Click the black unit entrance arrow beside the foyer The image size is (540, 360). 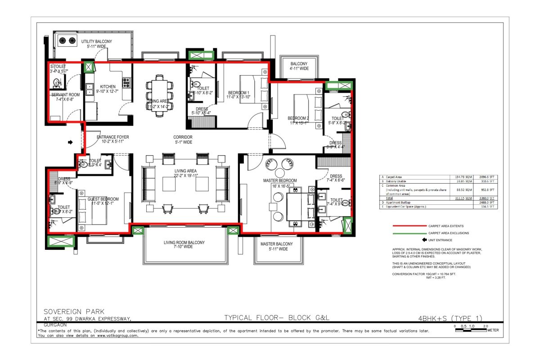(x=70, y=142)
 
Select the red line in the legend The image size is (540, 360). (x=409, y=226)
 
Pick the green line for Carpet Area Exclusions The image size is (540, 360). (x=409, y=234)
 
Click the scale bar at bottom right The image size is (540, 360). (x=470, y=330)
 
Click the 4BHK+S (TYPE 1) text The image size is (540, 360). (x=451, y=317)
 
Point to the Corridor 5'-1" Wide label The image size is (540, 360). (x=183, y=139)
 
